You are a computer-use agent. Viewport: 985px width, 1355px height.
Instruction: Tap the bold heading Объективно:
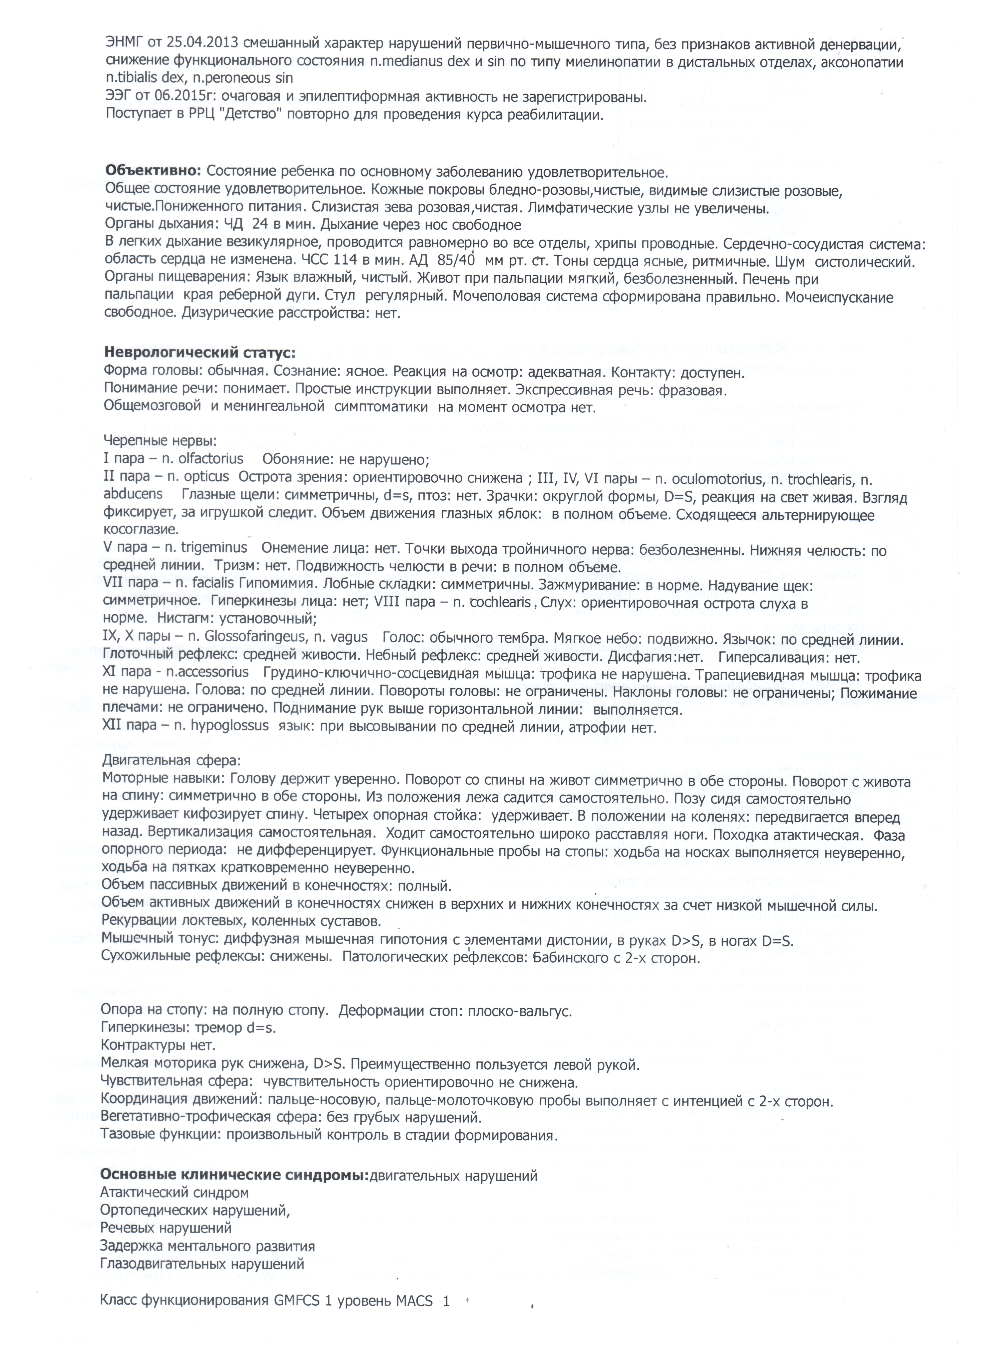(154, 171)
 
